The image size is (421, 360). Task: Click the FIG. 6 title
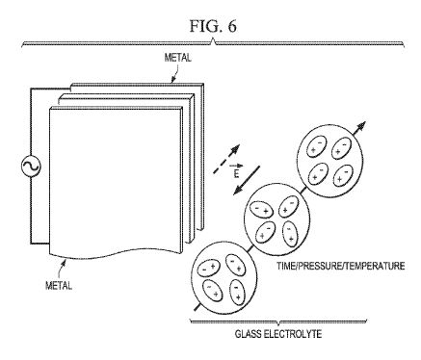coord(213,26)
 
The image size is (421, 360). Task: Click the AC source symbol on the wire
coord(31,167)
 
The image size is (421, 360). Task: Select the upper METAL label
coord(177,58)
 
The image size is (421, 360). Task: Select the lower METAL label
coord(59,285)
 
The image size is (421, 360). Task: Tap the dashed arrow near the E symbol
coord(226,159)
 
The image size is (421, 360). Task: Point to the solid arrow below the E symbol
coord(247,180)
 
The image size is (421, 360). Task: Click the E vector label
coord(236,171)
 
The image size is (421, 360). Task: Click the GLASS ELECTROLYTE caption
coord(278,334)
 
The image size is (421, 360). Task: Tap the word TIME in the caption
coord(286,266)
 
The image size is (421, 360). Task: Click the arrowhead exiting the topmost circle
coord(362,125)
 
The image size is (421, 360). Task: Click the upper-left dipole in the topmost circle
coord(317,146)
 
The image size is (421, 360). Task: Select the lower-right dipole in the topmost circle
coord(343,175)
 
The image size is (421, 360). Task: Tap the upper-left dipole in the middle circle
coord(262,210)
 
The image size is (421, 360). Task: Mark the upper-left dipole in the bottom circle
coord(208,268)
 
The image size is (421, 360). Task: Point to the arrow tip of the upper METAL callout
coord(171,83)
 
